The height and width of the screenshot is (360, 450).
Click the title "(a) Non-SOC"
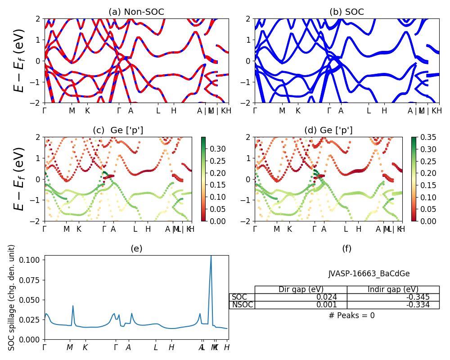coord(136,12)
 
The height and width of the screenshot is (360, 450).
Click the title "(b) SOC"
coord(346,12)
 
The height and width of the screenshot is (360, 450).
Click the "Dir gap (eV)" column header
coord(301,289)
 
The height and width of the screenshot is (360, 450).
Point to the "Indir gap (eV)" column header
coord(393,289)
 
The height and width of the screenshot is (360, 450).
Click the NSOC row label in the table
coord(242,305)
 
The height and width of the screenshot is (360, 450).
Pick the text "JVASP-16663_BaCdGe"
coord(369,274)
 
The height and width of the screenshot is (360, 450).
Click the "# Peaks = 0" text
coord(351,315)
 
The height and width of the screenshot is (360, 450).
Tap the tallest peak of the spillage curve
coord(211,256)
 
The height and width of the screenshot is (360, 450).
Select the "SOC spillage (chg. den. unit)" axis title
coord(12,297)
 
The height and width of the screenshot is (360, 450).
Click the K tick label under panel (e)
coord(85,347)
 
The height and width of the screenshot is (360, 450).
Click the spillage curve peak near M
coord(73,306)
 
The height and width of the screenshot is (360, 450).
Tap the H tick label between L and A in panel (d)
coord(359,229)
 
